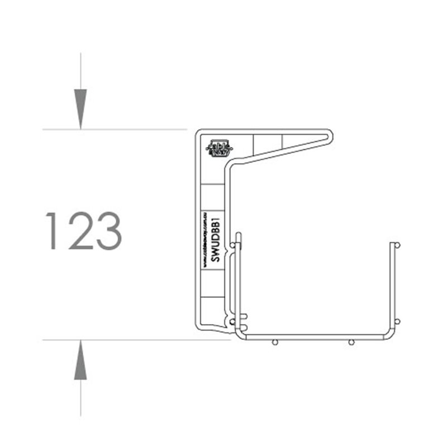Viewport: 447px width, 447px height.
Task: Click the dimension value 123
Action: pos(84,231)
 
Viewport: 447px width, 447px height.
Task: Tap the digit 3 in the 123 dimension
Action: pos(108,231)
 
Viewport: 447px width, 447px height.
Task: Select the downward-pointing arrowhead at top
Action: pos(81,109)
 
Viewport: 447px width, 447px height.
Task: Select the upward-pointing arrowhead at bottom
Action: pos(81,360)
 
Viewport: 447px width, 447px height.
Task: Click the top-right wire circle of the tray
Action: pos(397,245)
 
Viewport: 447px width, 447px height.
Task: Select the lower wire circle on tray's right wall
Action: pos(397,321)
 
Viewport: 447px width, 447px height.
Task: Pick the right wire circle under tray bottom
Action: pos(351,342)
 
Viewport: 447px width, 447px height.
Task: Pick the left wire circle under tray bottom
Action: pos(274,342)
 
